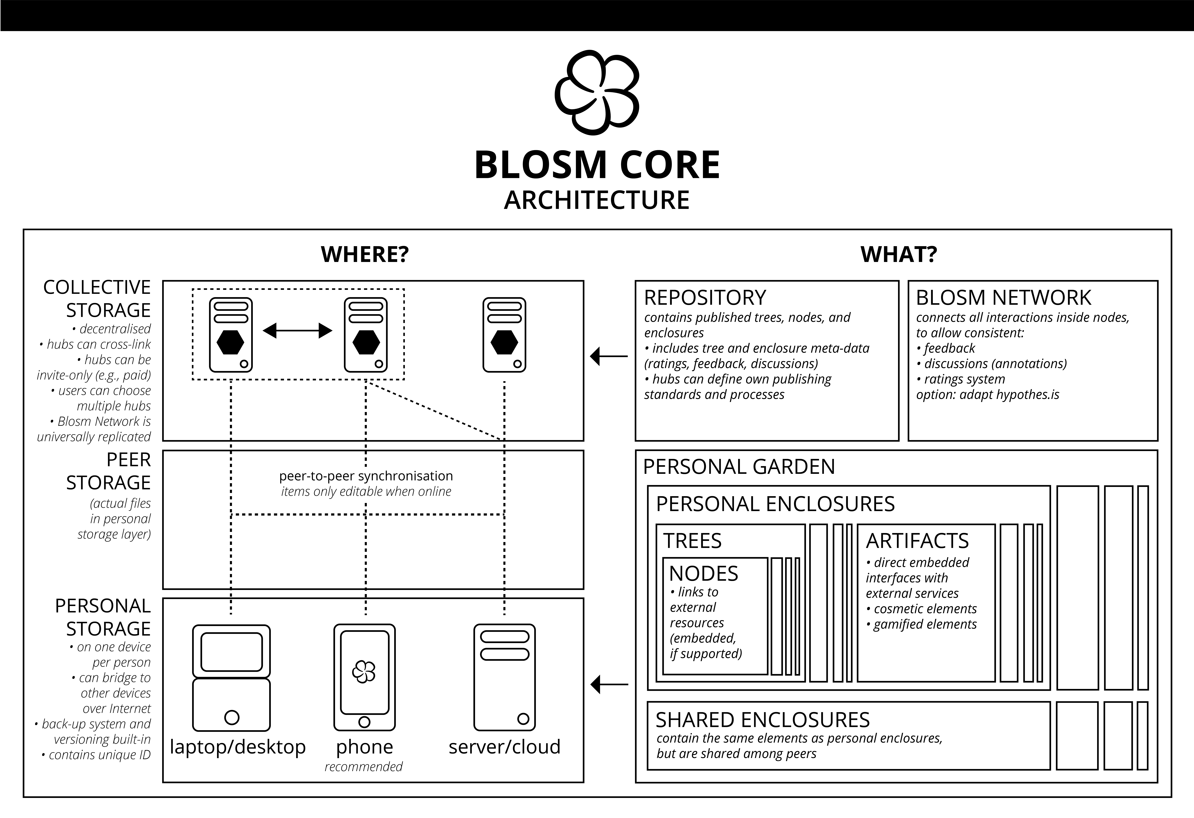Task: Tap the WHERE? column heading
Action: (x=365, y=254)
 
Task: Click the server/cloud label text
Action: (x=505, y=747)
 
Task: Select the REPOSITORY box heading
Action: (x=705, y=298)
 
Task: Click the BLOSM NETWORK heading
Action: (x=1003, y=298)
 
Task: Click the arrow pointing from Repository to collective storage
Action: (x=609, y=356)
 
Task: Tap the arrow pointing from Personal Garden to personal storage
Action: (x=609, y=684)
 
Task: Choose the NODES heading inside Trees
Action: (x=703, y=573)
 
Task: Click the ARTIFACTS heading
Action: (x=917, y=541)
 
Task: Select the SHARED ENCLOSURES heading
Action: (x=762, y=720)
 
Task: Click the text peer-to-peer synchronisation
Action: (x=366, y=476)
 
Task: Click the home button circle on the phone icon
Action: (x=364, y=722)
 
